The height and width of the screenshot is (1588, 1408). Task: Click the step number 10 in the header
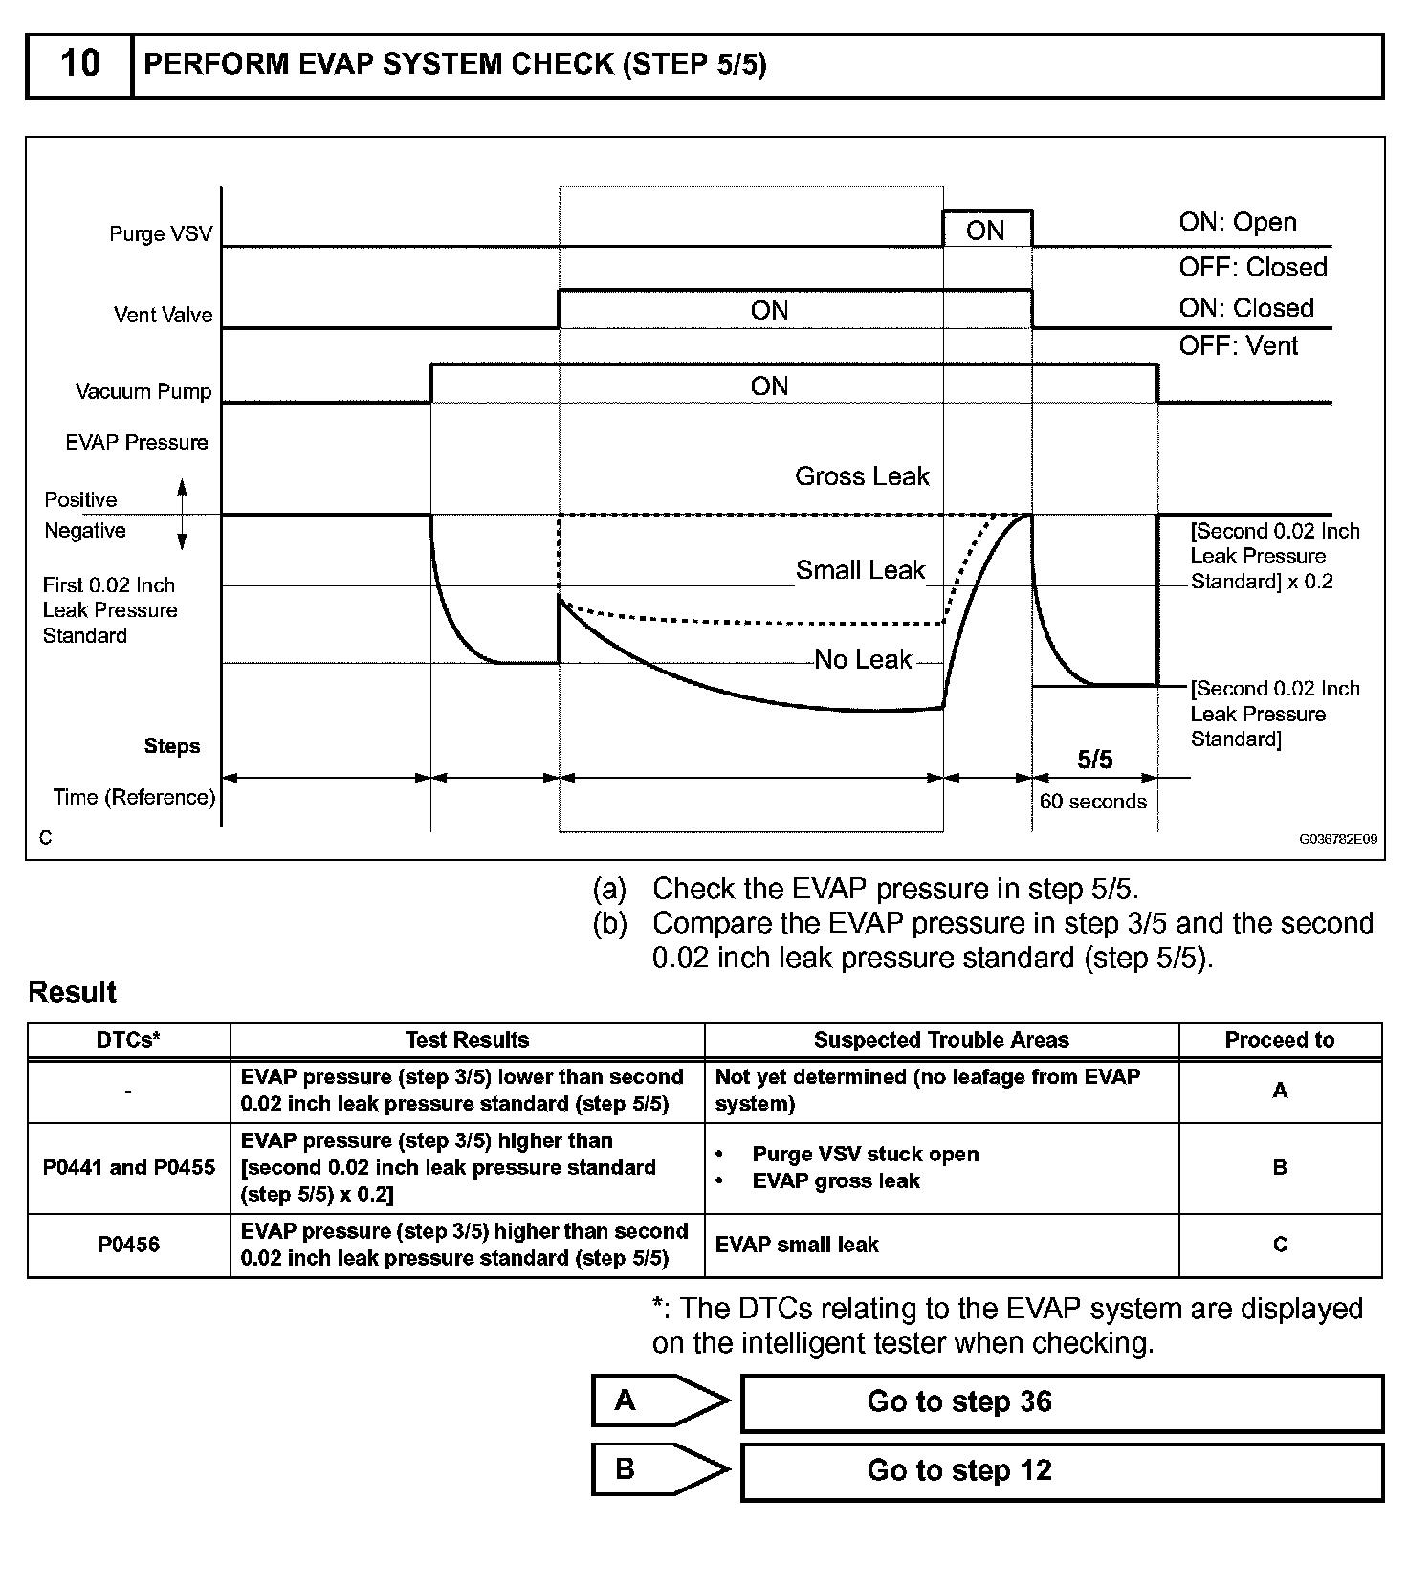click(x=79, y=64)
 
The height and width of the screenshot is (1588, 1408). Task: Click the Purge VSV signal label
click(x=161, y=234)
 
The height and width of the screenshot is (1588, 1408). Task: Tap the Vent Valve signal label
click(x=163, y=315)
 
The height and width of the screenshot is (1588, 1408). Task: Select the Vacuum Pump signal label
click(x=143, y=391)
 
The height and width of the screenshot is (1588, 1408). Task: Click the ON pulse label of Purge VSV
click(x=985, y=231)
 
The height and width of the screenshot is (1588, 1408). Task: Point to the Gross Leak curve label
click(x=862, y=476)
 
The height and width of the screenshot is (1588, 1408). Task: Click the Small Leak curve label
click(x=860, y=570)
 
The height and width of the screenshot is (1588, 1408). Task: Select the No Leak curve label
click(x=863, y=659)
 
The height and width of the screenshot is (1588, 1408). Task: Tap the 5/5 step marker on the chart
click(x=1094, y=760)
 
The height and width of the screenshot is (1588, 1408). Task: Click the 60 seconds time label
click(x=1092, y=802)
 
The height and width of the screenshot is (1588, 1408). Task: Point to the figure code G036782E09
click(x=1337, y=839)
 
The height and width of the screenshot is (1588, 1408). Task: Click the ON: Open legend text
click(x=1238, y=222)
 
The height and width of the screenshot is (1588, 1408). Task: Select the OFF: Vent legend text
click(x=1238, y=345)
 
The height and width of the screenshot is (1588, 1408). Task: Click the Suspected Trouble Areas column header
click(x=941, y=1040)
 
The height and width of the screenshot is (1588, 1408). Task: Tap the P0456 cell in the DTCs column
click(x=129, y=1245)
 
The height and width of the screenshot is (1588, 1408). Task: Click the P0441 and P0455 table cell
click(x=129, y=1167)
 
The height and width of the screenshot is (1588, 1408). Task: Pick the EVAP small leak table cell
click(x=797, y=1245)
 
